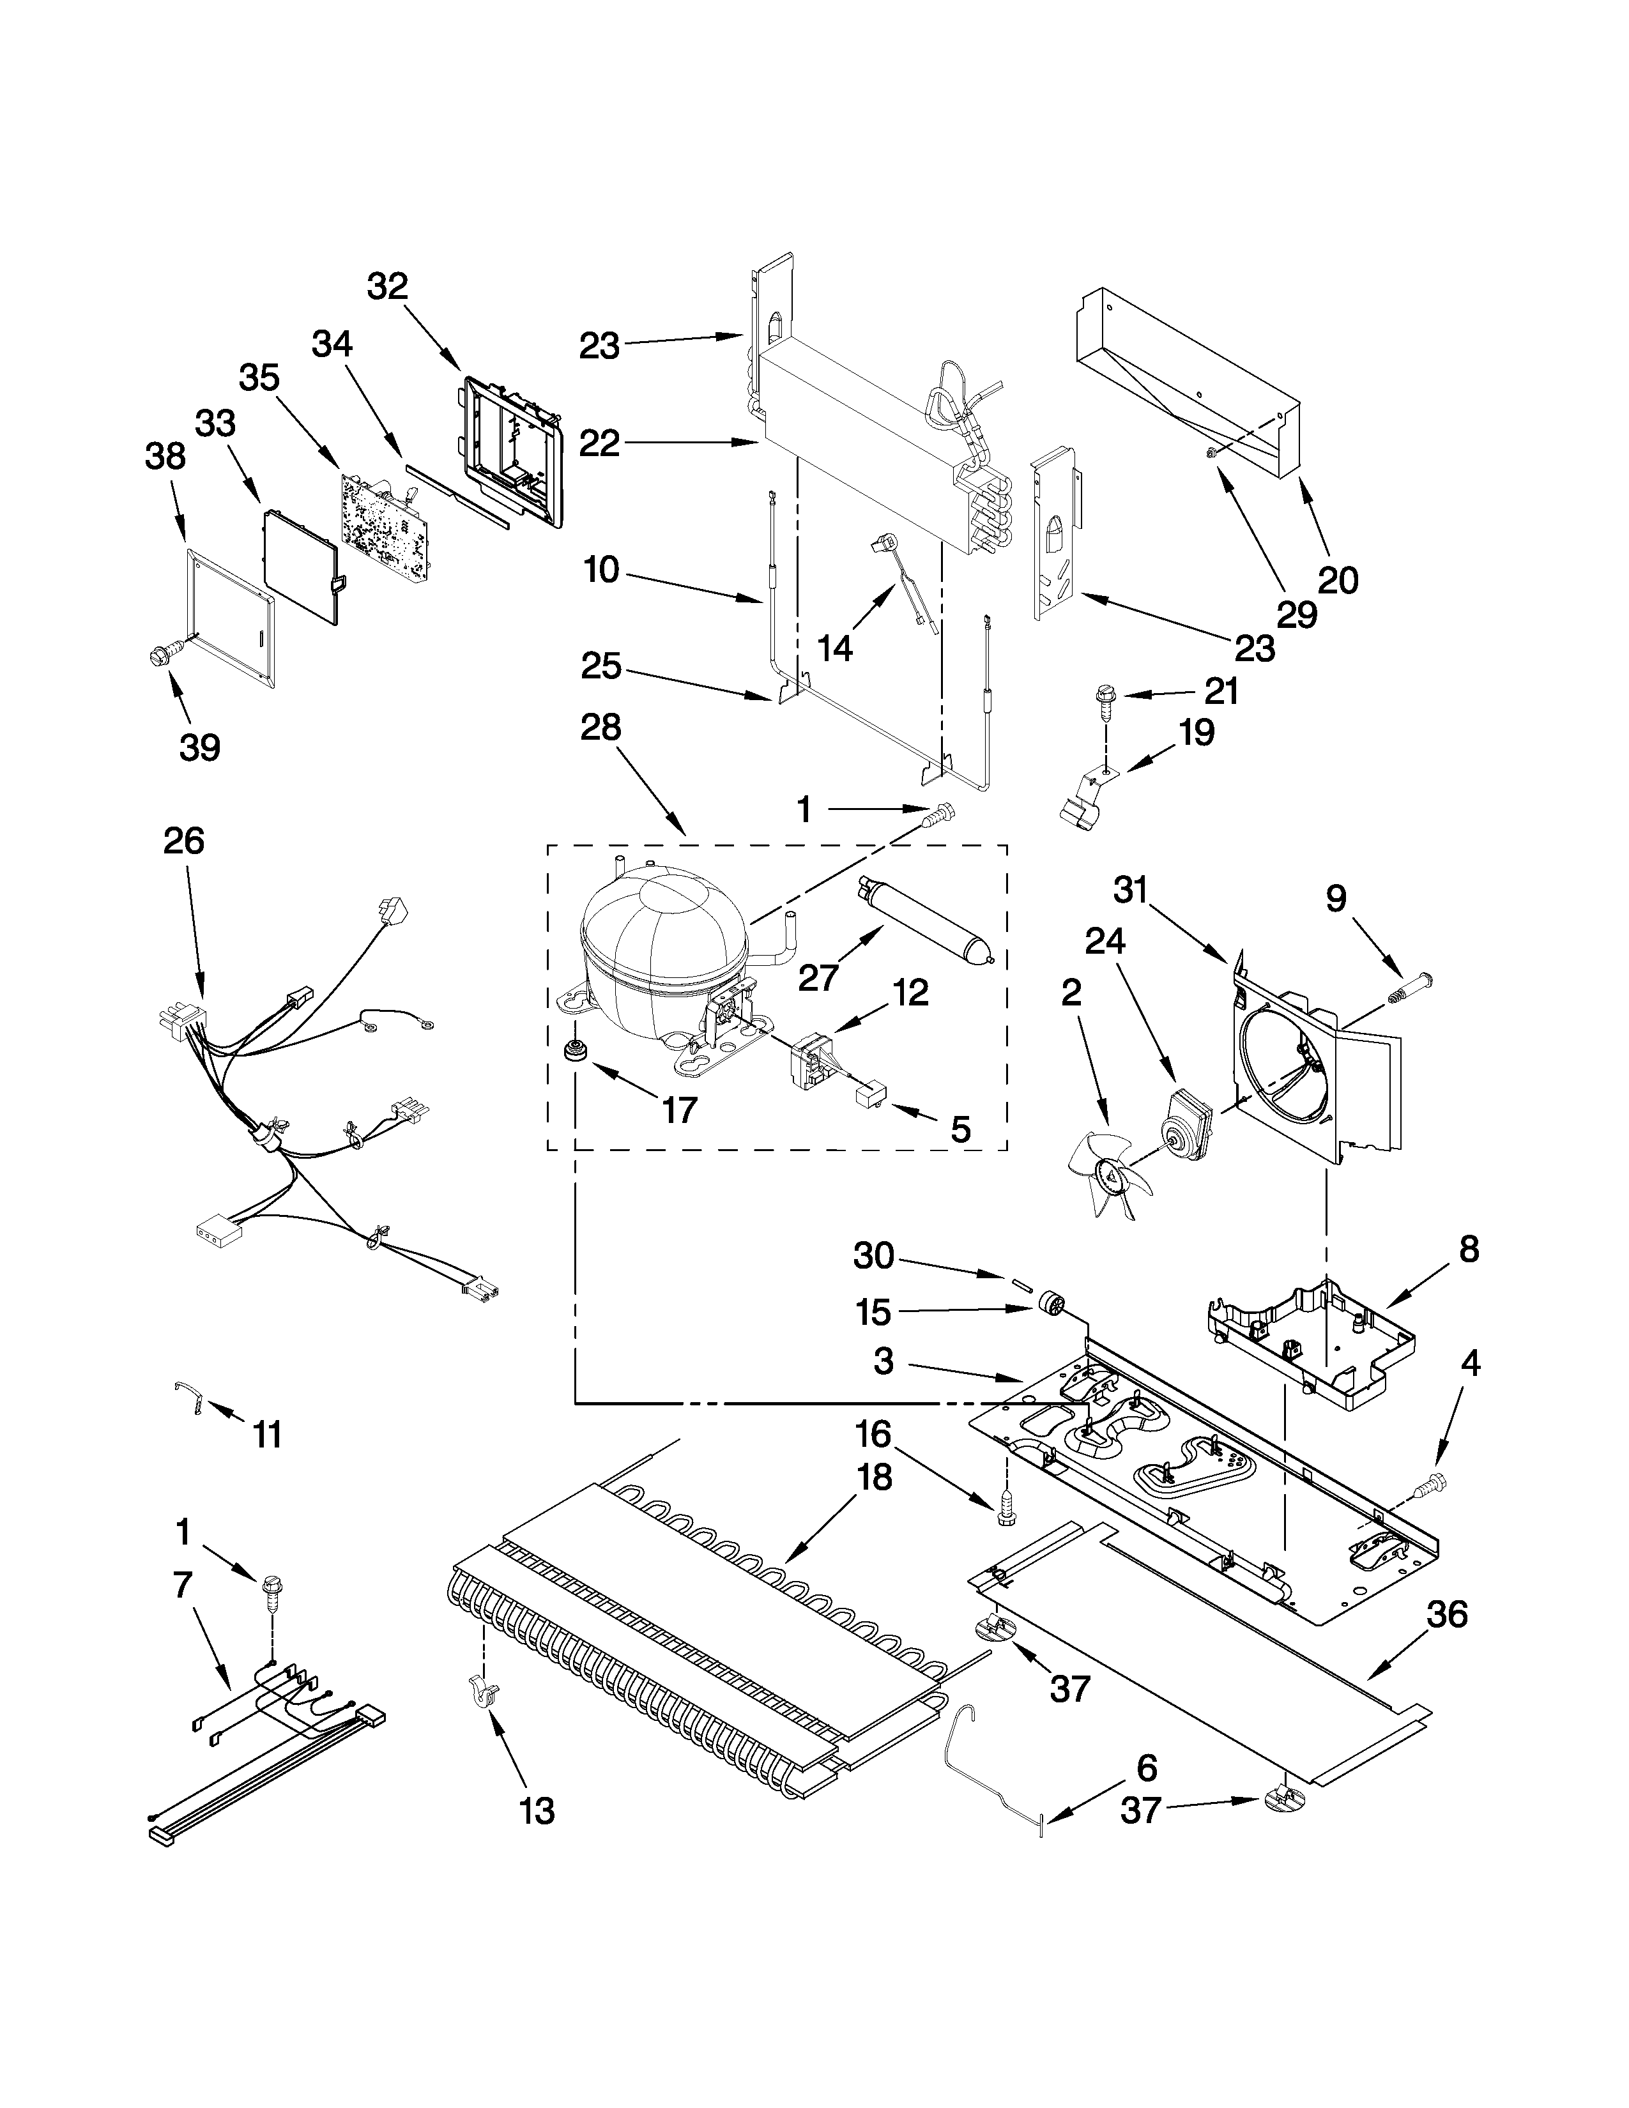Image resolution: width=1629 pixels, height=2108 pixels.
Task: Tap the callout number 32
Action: click(x=387, y=287)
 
